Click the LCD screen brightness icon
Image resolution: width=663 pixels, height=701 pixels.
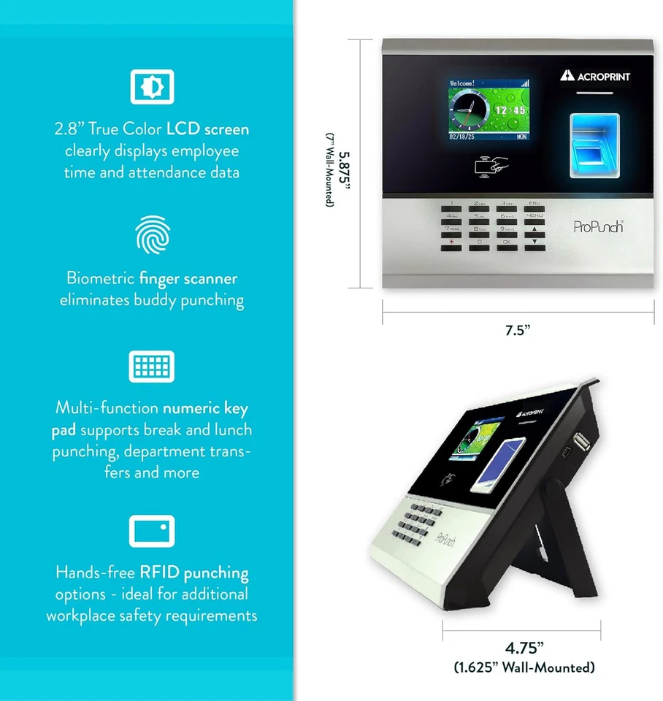tap(152, 86)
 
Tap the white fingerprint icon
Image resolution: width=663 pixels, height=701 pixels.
tap(153, 234)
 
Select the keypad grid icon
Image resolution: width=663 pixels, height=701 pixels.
tap(152, 367)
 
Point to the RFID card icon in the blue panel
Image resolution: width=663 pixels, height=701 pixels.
tap(152, 531)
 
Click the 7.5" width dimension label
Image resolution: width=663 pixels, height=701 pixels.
tap(518, 330)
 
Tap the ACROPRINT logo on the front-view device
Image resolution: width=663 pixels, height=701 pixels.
tap(595, 76)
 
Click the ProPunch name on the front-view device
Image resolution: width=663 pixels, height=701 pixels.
tap(598, 227)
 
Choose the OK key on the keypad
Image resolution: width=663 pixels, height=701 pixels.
tap(507, 241)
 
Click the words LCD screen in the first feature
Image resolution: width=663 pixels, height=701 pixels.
tap(208, 129)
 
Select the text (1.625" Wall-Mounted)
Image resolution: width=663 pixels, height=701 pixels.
tap(524, 667)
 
